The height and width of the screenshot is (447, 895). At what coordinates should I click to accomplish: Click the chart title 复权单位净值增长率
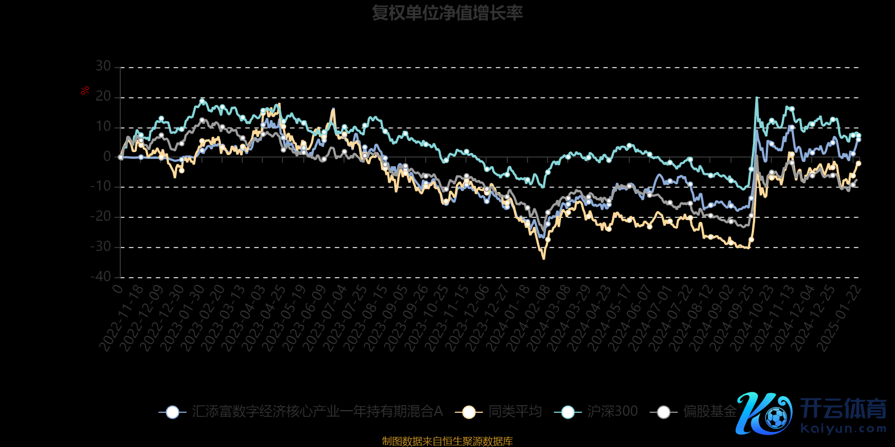447,13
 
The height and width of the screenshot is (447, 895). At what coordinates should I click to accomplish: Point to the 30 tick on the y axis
103,66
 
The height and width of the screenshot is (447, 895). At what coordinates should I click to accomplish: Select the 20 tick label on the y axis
103,97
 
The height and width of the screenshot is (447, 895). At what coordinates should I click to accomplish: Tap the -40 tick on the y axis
101,277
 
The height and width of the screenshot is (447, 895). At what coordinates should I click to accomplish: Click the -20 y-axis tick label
101,217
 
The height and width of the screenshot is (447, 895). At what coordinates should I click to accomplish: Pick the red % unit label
85,91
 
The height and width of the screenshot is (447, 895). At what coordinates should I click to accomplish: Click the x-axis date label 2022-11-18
122,319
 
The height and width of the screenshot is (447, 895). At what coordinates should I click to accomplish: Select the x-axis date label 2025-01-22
839,319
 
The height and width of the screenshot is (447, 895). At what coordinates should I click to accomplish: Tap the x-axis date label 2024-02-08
529,319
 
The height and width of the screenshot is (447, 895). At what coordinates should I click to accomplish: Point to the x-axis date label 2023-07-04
326,319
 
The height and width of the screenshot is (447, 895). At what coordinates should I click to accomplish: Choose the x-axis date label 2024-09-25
732,319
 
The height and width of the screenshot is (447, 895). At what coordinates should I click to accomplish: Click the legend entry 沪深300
613,412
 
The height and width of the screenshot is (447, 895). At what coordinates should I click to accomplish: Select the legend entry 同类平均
515,412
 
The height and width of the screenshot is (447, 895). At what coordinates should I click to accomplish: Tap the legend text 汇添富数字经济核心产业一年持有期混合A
317,412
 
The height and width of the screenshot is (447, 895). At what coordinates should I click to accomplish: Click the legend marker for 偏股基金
663,412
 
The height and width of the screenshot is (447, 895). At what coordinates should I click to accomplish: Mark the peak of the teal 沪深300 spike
757,98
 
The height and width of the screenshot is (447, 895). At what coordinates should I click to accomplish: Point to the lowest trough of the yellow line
544,259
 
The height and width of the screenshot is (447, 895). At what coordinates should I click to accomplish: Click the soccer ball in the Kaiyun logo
776,417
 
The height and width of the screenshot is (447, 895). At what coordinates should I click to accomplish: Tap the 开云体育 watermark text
844,408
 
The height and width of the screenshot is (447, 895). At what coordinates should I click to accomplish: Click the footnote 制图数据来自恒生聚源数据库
447,441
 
